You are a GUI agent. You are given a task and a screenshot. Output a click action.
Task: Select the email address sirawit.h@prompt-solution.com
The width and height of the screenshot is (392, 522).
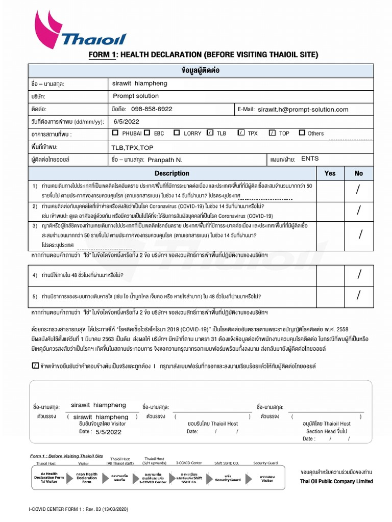(303, 110)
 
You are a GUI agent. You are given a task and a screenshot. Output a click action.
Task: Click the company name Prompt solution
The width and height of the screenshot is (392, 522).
(136, 96)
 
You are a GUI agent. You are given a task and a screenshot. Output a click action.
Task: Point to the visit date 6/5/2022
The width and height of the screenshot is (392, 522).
(126, 122)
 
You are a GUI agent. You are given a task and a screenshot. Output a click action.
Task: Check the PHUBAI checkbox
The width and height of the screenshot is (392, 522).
(113, 133)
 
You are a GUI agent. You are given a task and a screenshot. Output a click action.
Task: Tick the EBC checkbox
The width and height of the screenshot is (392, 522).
(147, 133)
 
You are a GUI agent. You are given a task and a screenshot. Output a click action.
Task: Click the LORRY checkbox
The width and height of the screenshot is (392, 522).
(177, 133)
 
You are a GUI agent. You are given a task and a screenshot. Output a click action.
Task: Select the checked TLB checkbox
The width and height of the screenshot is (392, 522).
(210, 133)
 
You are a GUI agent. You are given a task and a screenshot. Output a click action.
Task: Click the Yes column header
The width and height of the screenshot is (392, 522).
(330, 173)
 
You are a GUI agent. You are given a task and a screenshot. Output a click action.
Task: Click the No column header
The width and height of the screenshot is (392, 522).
(359, 173)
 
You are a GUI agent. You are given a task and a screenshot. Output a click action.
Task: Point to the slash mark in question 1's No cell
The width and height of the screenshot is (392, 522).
(358, 190)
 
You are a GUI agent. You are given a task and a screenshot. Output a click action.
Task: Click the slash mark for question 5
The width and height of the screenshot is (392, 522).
(359, 295)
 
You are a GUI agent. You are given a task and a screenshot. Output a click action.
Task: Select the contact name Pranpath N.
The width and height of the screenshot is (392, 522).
(165, 160)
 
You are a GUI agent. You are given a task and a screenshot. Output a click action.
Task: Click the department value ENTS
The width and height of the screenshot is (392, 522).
(310, 159)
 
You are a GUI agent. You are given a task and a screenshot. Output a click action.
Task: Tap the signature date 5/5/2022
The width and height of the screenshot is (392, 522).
(108, 432)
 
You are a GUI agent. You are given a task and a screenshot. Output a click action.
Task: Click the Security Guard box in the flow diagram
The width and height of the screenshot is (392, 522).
(228, 480)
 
